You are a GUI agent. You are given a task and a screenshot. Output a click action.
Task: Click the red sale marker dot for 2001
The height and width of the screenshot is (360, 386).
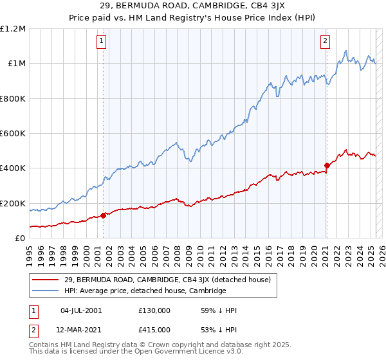click(x=103, y=215)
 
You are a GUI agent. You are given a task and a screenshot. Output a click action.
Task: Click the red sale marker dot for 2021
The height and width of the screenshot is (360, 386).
click(x=327, y=165)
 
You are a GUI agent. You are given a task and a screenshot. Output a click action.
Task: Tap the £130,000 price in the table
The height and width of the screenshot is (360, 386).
click(x=154, y=310)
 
